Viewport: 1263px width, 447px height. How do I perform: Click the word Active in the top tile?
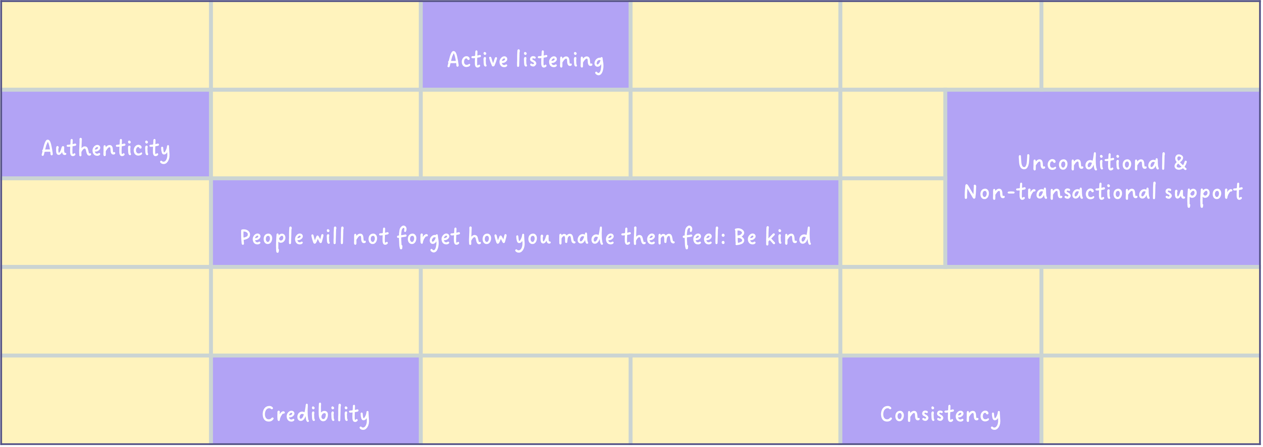coord(477,60)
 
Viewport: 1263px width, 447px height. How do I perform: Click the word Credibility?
coord(316,415)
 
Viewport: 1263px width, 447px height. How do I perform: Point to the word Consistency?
coord(940,415)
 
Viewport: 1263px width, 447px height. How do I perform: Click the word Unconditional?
coord(1091,162)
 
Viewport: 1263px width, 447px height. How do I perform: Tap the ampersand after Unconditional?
coord(1181,162)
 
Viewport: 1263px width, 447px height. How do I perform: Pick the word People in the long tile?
coord(272,238)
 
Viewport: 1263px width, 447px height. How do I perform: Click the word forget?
coord(428,238)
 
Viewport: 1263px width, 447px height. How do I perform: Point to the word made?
coord(586,237)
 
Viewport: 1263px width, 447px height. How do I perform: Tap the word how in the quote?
coord(487,237)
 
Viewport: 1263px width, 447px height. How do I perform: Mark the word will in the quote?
coord(328,237)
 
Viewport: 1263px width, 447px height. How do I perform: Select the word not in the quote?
coord(371,238)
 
